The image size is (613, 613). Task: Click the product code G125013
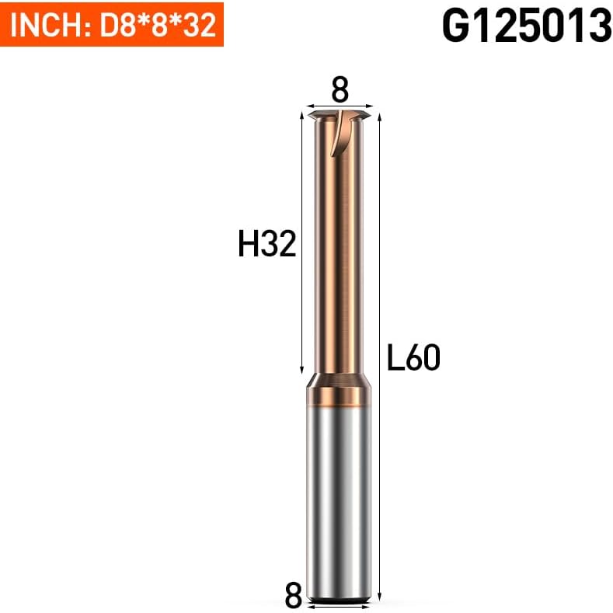(527, 26)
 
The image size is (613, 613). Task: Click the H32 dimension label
(267, 243)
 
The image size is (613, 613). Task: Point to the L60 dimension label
(413, 357)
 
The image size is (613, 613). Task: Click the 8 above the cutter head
(340, 90)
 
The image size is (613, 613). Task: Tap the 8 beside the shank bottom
(294, 595)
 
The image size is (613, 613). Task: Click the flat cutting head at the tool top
(340, 116)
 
